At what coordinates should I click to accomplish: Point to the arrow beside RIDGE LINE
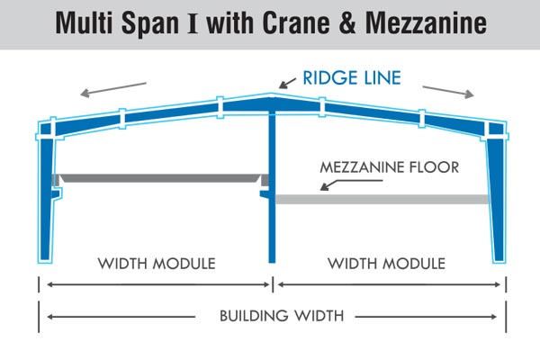point(290,82)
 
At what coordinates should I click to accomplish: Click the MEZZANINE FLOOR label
point(390,167)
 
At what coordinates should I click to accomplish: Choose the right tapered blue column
point(496,198)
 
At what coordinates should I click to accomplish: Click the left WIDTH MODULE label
point(157,264)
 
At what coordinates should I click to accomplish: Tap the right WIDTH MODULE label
point(386,264)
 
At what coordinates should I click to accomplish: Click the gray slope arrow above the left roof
point(112,88)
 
